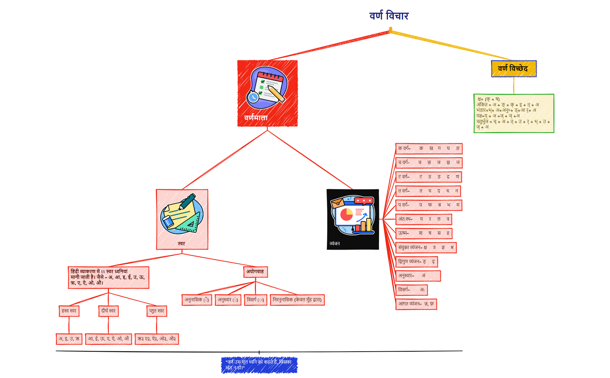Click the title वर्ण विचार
(x=389, y=16)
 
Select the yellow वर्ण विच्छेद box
(x=513, y=69)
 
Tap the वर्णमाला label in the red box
(x=256, y=118)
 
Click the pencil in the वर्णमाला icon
(x=276, y=94)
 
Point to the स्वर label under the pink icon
(x=182, y=244)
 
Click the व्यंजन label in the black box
(x=334, y=244)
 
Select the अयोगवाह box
(x=255, y=272)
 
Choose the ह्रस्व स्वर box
(x=69, y=311)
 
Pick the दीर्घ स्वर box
(x=108, y=311)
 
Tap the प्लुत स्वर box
(x=157, y=311)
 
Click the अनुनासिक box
(x=196, y=300)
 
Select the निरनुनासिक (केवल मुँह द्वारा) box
(x=297, y=300)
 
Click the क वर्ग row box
(x=428, y=148)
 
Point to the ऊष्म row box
(x=423, y=233)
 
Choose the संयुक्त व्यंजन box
(x=425, y=247)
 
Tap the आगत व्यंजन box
(x=416, y=304)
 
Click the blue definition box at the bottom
(x=259, y=365)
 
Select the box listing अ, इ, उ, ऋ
(x=69, y=339)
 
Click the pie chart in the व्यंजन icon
(x=346, y=215)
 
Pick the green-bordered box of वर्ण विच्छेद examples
(x=513, y=113)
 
